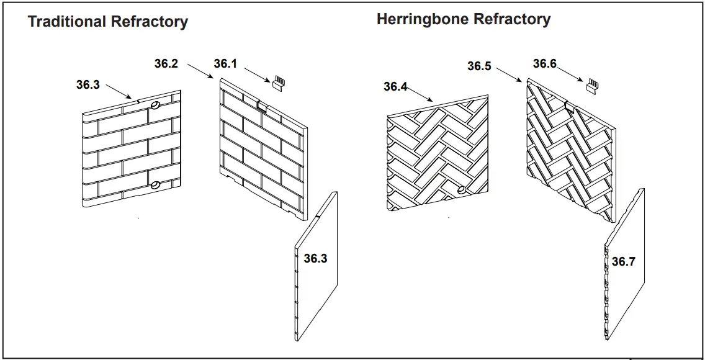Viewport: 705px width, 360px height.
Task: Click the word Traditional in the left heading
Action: [67, 22]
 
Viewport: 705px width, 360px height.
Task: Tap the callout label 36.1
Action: [227, 64]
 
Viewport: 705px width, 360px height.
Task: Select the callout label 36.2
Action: [166, 63]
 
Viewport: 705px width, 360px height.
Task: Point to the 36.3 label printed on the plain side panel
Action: [315, 258]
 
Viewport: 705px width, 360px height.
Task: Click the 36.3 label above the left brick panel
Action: [88, 85]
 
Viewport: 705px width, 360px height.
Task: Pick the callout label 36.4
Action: [395, 86]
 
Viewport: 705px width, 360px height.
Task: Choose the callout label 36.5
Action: [479, 66]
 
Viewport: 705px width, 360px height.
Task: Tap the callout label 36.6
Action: [544, 64]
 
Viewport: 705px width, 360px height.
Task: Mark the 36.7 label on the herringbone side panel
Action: [623, 261]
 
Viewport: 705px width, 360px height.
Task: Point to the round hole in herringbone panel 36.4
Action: [460, 189]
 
